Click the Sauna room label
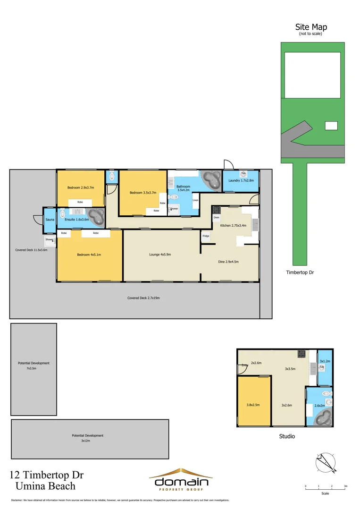tap(49, 220)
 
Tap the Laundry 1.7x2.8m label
tap(241, 180)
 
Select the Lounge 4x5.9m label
tap(159, 255)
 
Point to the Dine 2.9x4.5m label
tap(227, 262)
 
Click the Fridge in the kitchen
tap(206, 236)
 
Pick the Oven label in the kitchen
tap(216, 218)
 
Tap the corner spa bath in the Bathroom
tap(211, 180)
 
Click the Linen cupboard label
tap(195, 200)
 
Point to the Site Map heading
tap(311, 27)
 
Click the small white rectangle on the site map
tap(332, 126)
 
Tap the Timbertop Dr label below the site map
tap(298, 272)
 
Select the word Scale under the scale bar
tap(325, 493)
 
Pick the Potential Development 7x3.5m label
tap(33, 365)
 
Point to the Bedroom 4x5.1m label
tap(89, 255)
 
